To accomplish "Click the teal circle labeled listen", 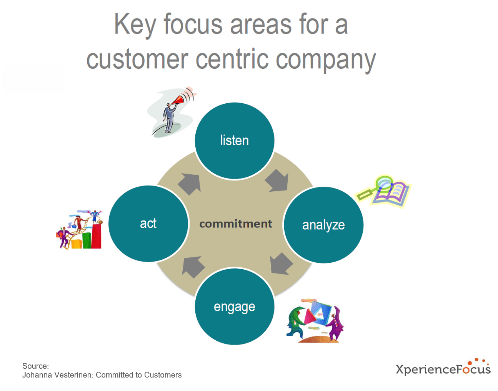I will click(234, 141).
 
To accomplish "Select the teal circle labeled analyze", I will click(323, 225).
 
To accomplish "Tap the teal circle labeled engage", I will click(234, 307).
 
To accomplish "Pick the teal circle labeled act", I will click(148, 224).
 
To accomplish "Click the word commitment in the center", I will click(235, 224).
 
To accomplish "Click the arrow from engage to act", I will click(193, 266).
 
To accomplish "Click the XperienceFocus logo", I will click(443, 368).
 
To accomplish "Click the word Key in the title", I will click(135, 25).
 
